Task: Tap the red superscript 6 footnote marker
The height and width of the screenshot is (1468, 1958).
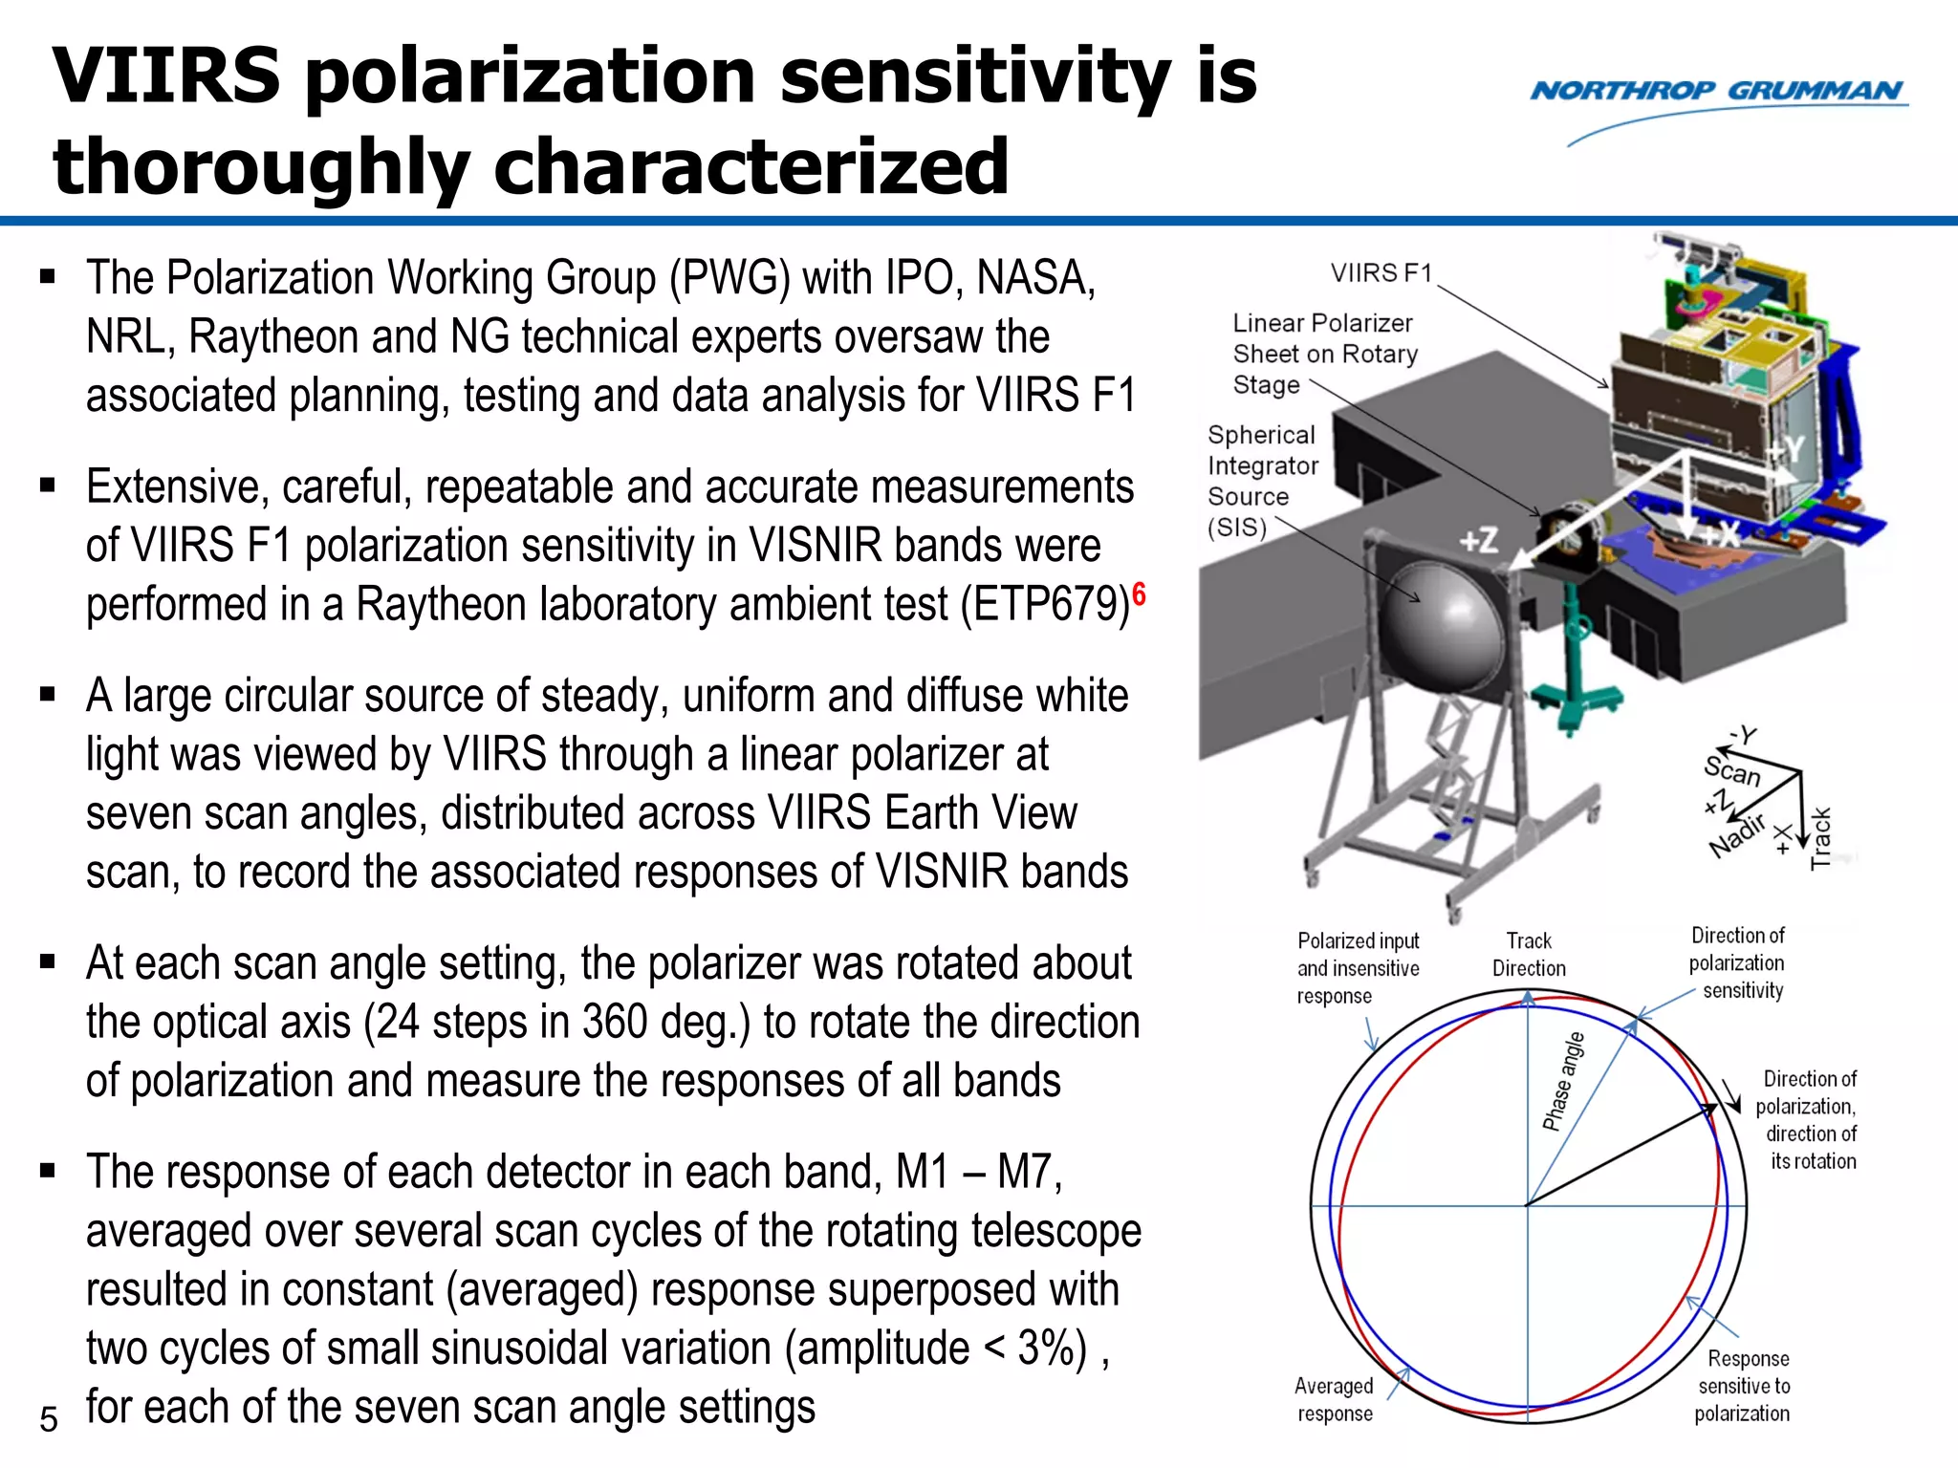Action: pyautogui.click(x=1139, y=594)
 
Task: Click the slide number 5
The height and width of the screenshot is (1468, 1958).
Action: pyautogui.click(x=49, y=1419)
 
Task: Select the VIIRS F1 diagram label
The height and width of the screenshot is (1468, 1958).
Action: pyautogui.click(x=1381, y=273)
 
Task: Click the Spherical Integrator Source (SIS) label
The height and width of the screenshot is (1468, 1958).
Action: pyautogui.click(x=1261, y=481)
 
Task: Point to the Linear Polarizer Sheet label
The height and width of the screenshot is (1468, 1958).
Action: pyautogui.click(x=1324, y=354)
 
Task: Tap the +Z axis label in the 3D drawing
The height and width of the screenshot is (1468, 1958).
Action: pyautogui.click(x=1478, y=542)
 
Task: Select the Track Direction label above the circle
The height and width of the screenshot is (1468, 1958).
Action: pyautogui.click(x=1529, y=955)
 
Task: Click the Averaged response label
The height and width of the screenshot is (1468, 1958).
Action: pyautogui.click(x=1334, y=1399)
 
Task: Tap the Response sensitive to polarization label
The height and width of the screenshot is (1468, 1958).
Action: pyautogui.click(x=1743, y=1386)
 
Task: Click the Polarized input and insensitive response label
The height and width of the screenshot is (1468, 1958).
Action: pyautogui.click(x=1357, y=968)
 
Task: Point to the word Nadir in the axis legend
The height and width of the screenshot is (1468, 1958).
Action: pyautogui.click(x=1736, y=836)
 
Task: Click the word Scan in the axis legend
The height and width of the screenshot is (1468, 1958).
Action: pyautogui.click(x=1731, y=770)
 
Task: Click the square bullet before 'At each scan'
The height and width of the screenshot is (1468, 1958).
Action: pyautogui.click(x=48, y=961)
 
